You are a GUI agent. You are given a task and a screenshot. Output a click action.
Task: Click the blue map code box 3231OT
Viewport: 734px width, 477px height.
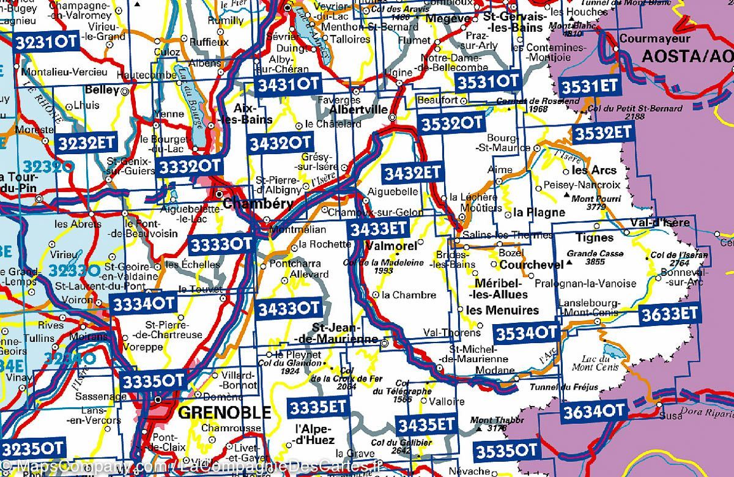coord(46,42)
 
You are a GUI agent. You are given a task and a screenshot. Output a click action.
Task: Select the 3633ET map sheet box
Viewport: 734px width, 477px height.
coord(669,314)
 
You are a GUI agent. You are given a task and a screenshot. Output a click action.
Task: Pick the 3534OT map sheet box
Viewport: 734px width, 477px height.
coord(525,333)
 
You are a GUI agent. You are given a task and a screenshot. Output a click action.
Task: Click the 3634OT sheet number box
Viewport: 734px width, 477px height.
coord(594,410)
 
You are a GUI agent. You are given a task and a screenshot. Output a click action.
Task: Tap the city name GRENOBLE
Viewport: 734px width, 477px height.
coord(224,413)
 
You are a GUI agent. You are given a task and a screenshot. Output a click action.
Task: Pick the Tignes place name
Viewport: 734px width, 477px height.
coord(595,237)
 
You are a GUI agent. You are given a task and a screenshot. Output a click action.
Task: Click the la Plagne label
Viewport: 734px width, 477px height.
coord(539,213)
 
